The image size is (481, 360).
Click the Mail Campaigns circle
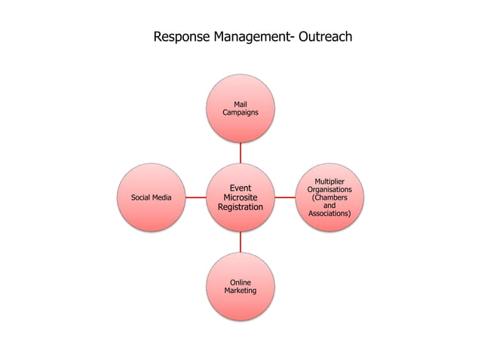point(240,108)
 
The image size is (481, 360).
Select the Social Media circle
point(152,197)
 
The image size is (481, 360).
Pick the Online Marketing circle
point(240,286)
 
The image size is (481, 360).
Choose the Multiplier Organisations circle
point(329,197)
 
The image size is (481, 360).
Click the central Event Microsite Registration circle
point(240,197)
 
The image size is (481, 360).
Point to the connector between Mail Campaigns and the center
point(240,153)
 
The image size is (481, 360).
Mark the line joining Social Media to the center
point(196,197)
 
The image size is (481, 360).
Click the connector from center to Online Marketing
point(240,242)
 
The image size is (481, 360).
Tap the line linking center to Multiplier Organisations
point(285,197)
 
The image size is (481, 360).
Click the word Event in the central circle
point(240,188)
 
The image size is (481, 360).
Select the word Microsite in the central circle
point(240,197)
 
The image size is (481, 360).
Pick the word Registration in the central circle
point(240,207)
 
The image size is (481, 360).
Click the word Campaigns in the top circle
point(240,112)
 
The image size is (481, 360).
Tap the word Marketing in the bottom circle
point(240,291)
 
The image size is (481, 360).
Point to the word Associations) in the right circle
point(329,214)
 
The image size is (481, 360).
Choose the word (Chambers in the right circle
point(329,197)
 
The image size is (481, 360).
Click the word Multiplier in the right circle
point(329,182)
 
